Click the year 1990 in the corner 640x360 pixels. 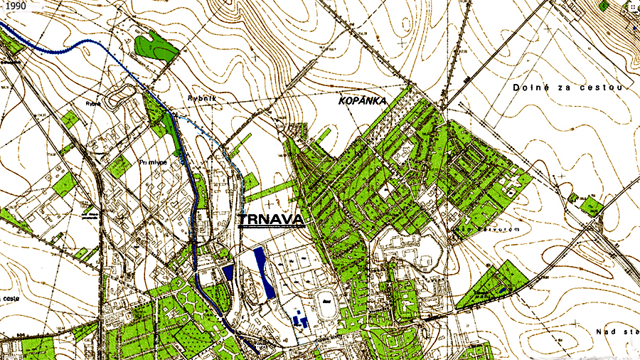14,6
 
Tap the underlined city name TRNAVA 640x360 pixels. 271,219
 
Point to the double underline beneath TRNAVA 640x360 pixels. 271,228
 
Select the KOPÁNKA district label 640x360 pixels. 362,102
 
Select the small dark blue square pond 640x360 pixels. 228,271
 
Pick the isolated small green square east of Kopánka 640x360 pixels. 591,206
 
